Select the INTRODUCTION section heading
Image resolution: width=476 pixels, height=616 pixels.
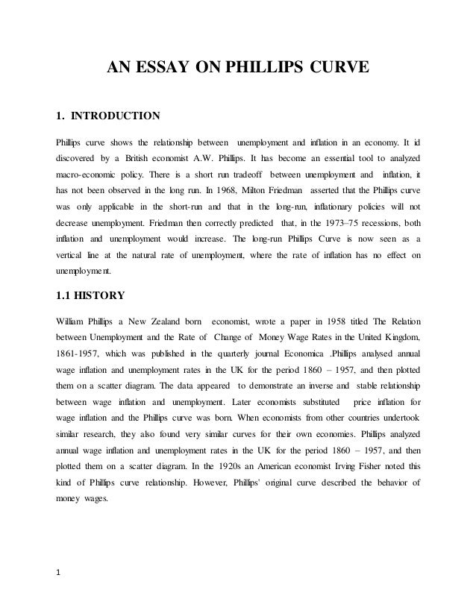[x=113, y=116]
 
